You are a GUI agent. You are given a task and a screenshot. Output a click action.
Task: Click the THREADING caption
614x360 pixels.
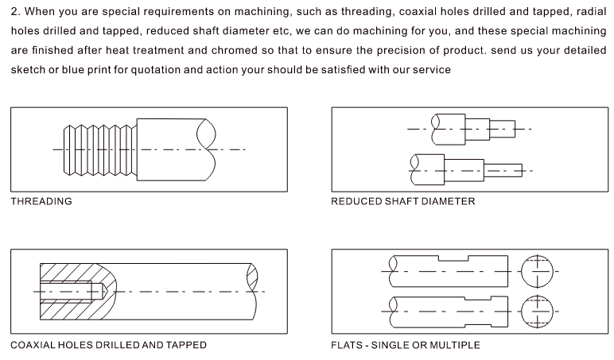pyautogui.click(x=41, y=202)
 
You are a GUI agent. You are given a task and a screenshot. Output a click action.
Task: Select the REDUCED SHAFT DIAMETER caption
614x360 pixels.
pyautogui.click(x=402, y=202)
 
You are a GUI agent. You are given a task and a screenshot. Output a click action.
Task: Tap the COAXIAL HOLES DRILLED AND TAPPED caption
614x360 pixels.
pyautogui.click(x=108, y=346)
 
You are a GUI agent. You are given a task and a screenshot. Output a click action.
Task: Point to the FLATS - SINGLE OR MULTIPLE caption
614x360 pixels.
pyautogui.click(x=406, y=346)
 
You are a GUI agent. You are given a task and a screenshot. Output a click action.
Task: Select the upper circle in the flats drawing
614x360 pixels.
pyautogui.click(x=538, y=271)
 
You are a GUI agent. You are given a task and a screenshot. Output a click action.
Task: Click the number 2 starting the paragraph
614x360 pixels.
pyautogui.click(x=14, y=13)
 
